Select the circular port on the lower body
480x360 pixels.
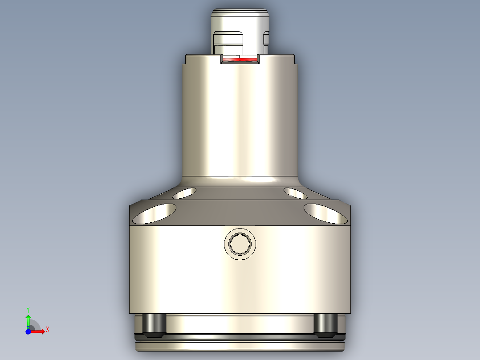point(240,244)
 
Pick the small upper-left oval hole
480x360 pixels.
point(184,193)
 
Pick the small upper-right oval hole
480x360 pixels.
point(295,193)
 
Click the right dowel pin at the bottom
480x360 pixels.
point(325,324)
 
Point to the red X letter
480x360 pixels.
point(47,330)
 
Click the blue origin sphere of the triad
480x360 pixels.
point(28,331)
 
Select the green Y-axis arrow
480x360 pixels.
point(28,320)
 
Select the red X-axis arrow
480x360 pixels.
point(38,331)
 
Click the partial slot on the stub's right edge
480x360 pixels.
point(267,39)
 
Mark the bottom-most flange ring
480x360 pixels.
point(240,346)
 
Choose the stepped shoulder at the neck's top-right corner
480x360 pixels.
point(295,59)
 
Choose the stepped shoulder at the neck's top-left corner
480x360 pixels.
point(184,59)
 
